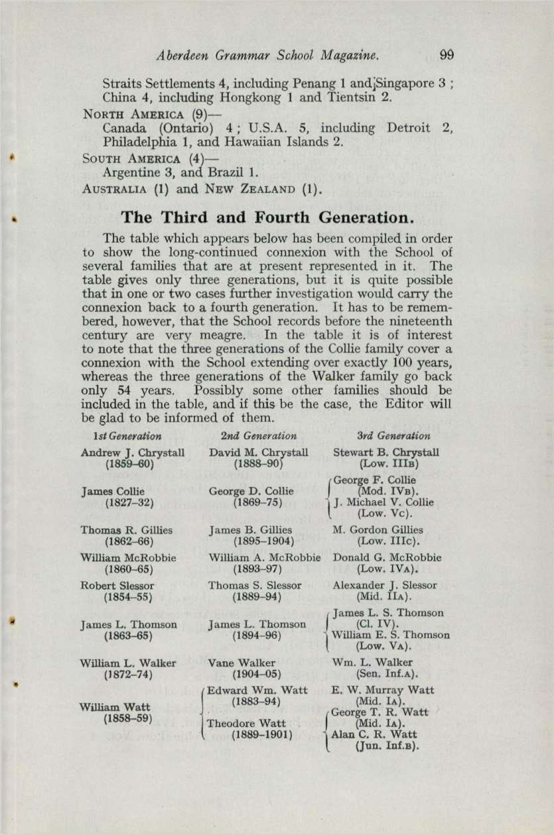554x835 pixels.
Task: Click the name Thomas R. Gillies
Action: tap(126, 530)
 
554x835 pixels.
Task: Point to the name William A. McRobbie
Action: tap(265, 558)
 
